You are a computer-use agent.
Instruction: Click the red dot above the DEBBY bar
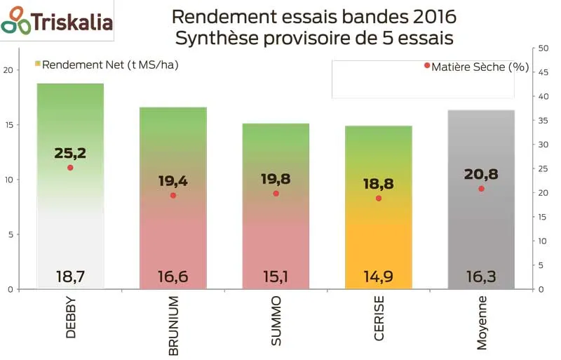(70, 168)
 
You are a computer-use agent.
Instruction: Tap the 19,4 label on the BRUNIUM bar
(173, 181)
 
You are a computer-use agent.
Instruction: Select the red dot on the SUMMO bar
(276, 193)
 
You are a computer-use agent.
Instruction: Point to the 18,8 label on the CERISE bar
(378, 183)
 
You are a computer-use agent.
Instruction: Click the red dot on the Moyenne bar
(481, 189)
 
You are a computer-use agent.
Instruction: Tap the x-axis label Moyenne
(482, 322)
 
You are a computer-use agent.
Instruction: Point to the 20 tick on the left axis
(8, 70)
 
